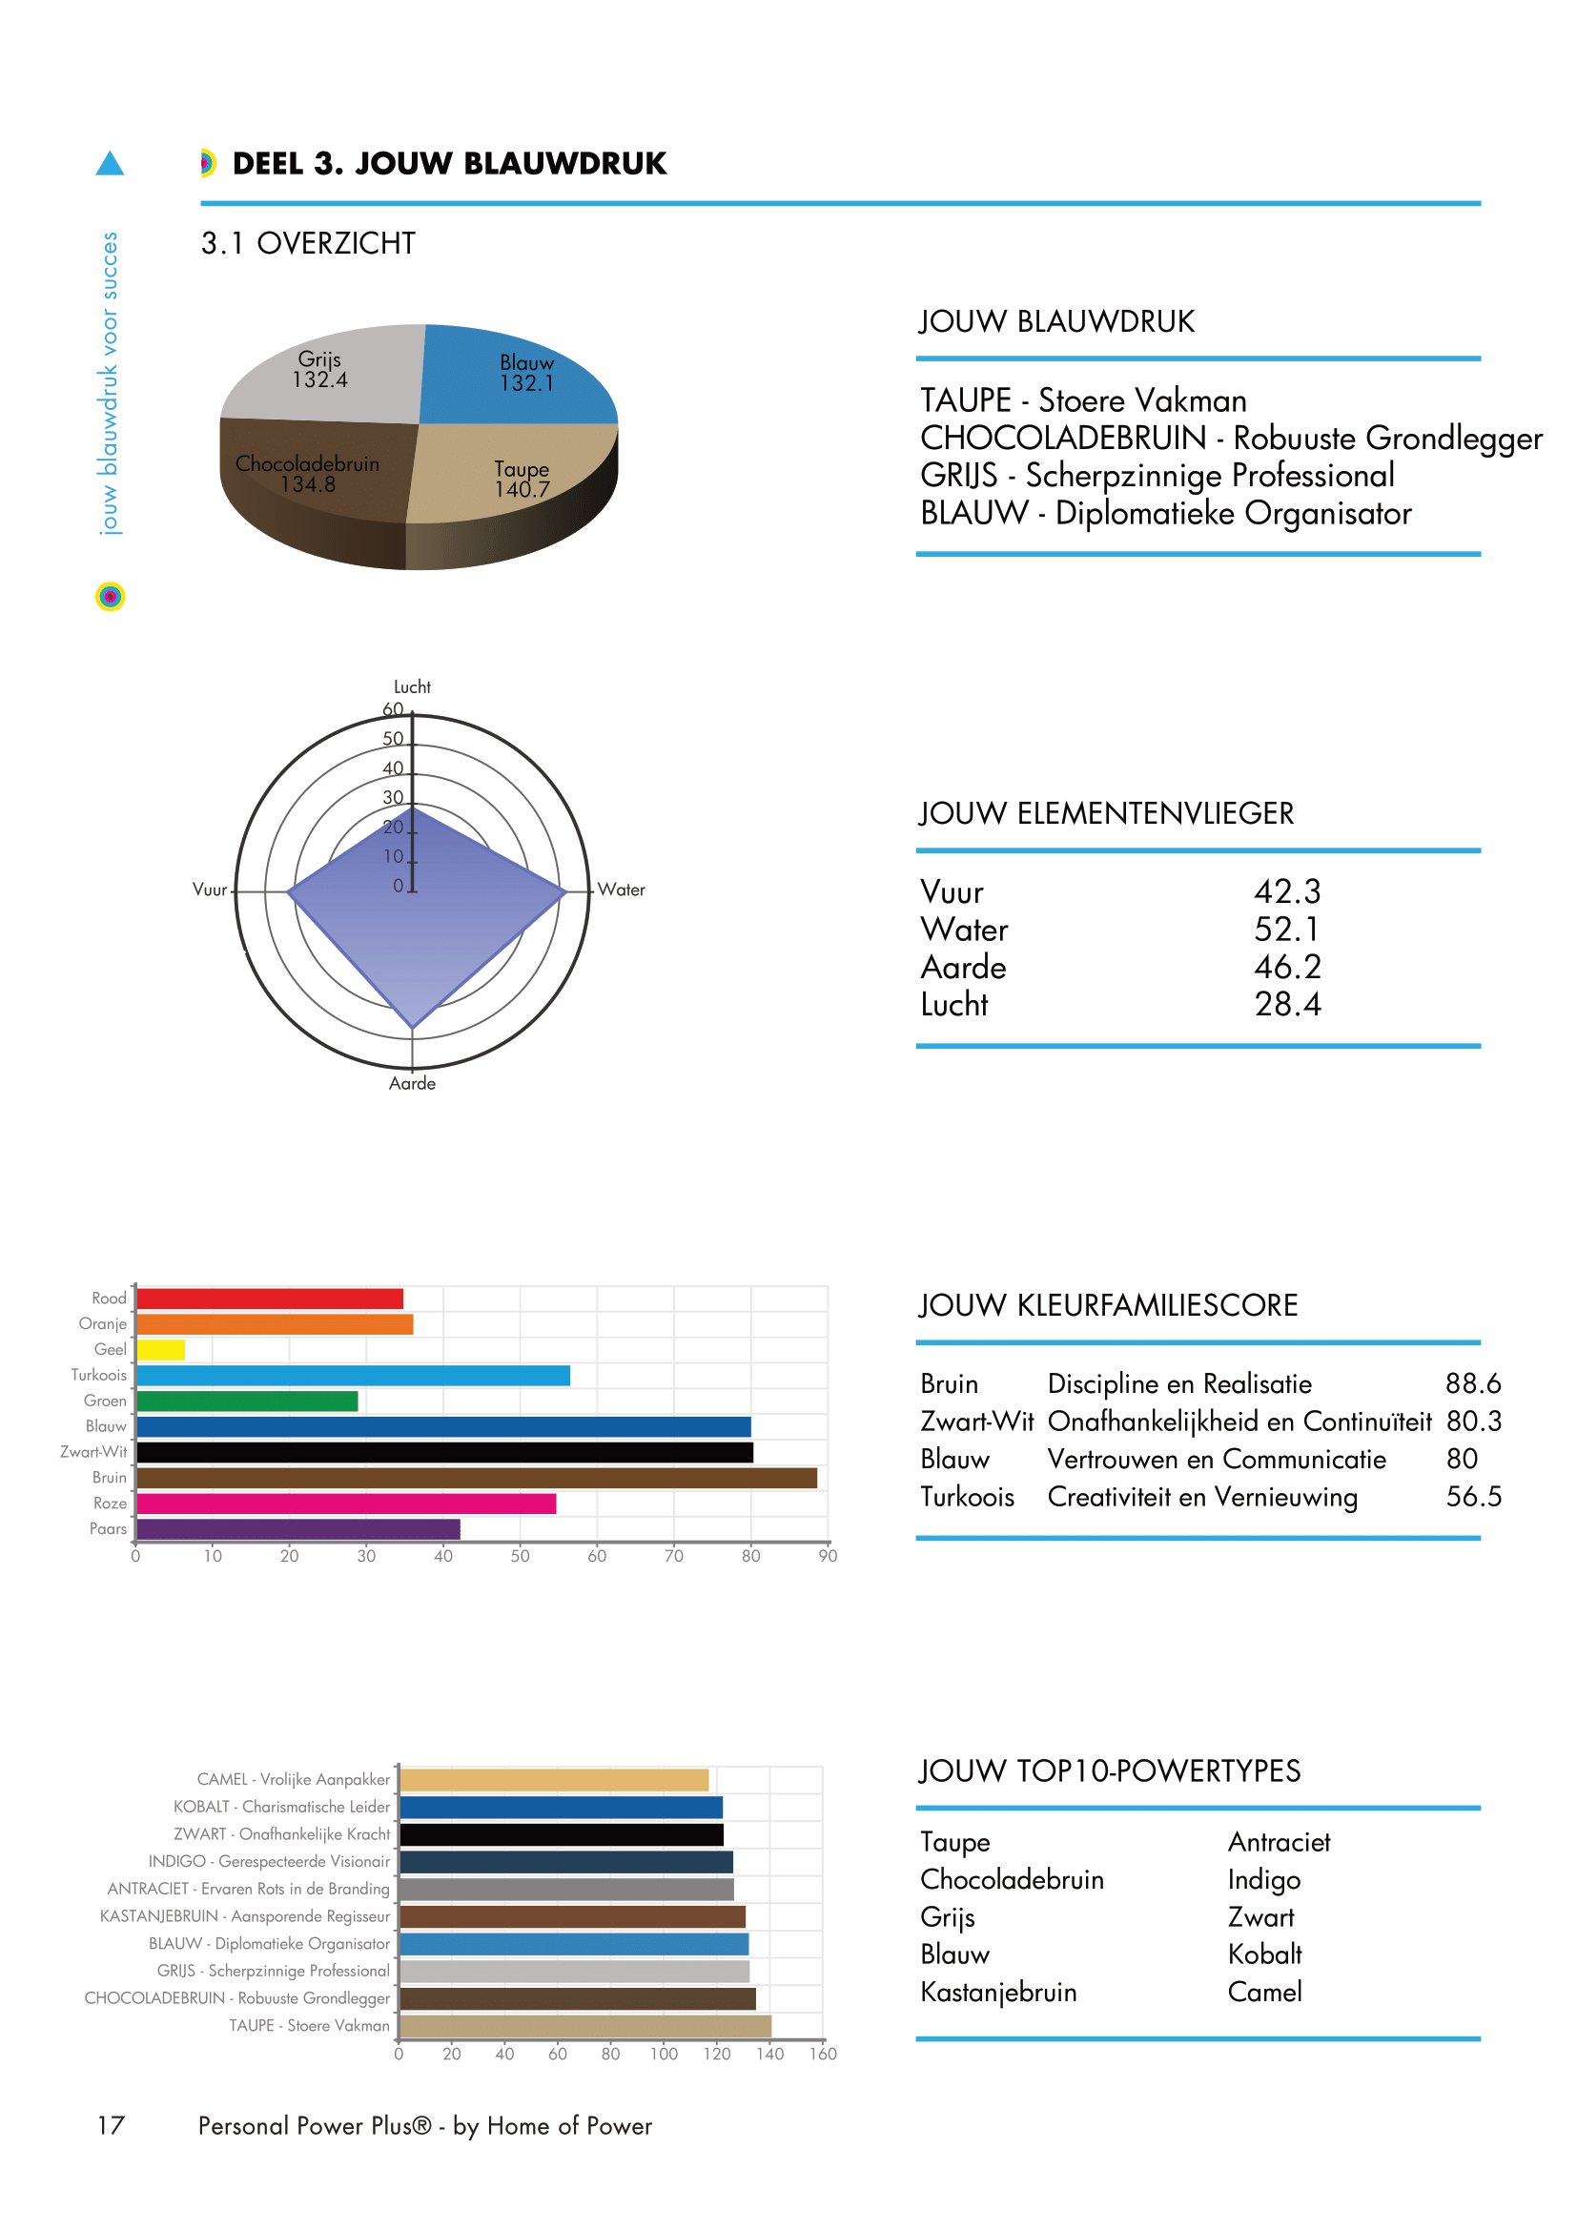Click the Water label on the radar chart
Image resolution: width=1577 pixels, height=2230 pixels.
[x=622, y=890]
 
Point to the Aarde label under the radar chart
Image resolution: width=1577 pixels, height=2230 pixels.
[x=413, y=1083]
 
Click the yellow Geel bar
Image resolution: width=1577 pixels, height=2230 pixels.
[x=161, y=1350]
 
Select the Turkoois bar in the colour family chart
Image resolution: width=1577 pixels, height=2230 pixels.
[x=353, y=1376]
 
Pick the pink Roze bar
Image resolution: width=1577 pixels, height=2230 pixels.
[x=346, y=1504]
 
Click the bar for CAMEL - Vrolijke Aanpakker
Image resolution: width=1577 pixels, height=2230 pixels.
[x=554, y=1779]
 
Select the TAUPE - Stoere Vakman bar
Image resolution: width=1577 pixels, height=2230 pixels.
[x=585, y=2026]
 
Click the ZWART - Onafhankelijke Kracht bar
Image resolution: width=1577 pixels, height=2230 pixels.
[x=562, y=1833]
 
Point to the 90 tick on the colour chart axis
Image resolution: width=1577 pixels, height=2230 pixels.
[x=828, y=1556]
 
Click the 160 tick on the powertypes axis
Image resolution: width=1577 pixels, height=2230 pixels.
[x=823, y=2054]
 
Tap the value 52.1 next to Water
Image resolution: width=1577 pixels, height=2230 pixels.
[x=1286, y=930]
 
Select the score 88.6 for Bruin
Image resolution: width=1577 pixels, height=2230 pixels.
[x=1472, y=1383]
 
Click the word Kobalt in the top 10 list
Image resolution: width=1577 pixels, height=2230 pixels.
[x=1264, y=1954]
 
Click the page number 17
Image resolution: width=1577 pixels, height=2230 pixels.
[x=111, y=2125]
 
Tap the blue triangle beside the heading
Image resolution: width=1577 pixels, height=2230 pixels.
[x=110, y=163]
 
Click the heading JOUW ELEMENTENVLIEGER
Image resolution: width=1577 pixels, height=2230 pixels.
[x=1106, y=813]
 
